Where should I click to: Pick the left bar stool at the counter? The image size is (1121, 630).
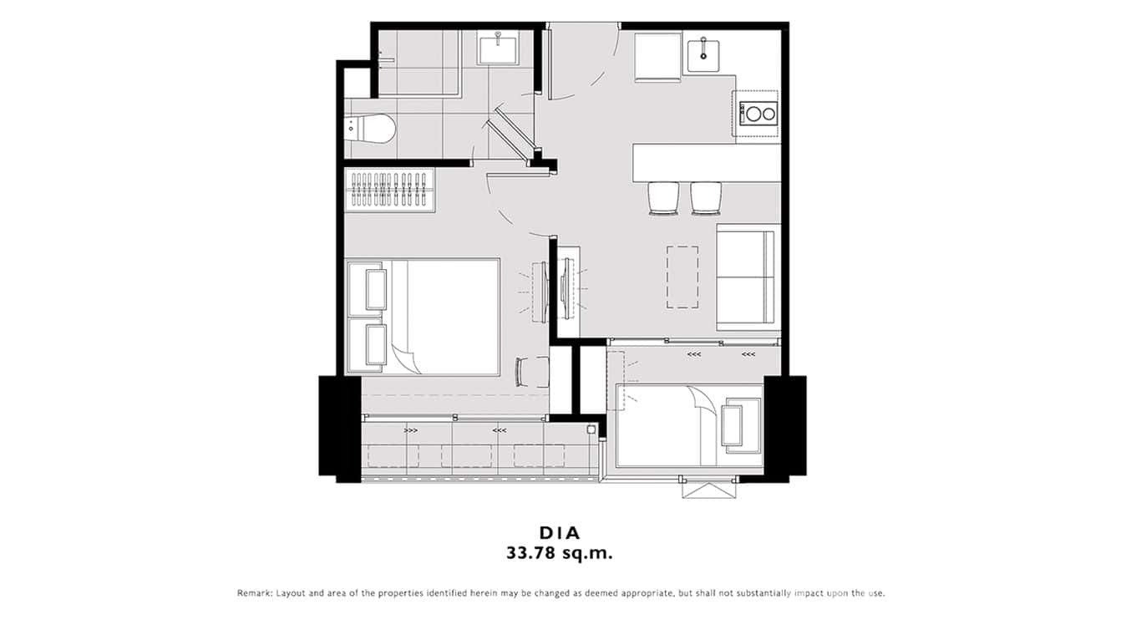click(x=664, y=198)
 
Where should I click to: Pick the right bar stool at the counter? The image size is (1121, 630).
click(x=707, y=198)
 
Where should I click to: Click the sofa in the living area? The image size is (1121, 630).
click(x=746, y=277)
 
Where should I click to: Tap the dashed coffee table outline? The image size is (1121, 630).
click(x=682, y=277)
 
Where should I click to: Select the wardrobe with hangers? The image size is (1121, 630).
click(x=391, y=191)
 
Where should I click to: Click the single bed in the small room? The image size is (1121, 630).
click(x=688, y=425)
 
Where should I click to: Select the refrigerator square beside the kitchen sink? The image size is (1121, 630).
click(x=657, y=56)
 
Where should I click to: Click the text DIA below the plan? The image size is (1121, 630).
click(x=560, y=532)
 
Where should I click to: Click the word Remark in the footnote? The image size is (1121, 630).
click(x=254, y=593)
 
